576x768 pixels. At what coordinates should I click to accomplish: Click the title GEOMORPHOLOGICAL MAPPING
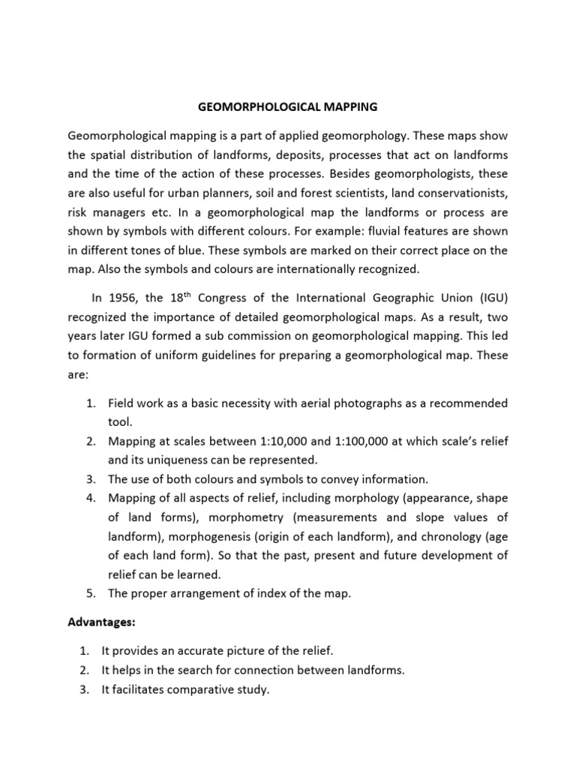click(287, 107)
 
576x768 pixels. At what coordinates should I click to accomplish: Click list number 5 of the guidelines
click(91, 593)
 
